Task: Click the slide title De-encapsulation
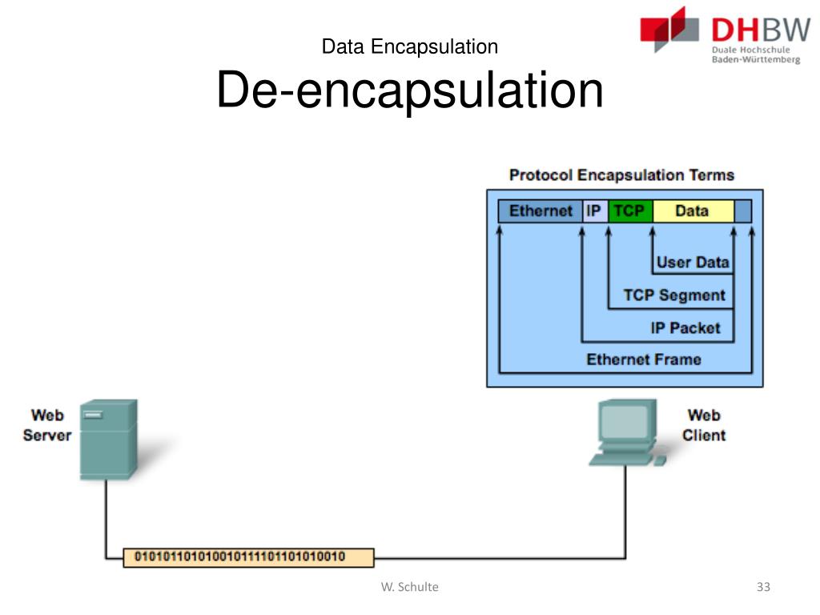tap(409, 90)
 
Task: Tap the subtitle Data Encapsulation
tap(409, 46)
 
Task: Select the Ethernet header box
tap(541, 211)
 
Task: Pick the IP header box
tap(594, 211)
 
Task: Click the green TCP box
tap(630, 211)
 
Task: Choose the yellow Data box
tap(692, 211)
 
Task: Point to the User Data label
tap(693, 262)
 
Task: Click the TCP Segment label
tap(674, 295)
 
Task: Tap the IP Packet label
tap(685, 328)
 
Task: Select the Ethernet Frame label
tap(643, 360)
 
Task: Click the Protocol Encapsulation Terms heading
tap(621, 175)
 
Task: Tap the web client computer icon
tap(628, 433)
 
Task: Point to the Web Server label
tap(47, 425)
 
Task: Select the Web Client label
tap(704, 425)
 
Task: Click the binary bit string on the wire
tap(248, 557)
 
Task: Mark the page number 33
tap(762, 587)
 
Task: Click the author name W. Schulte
tap(409, 587)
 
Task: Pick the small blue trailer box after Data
tap(743, 211)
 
